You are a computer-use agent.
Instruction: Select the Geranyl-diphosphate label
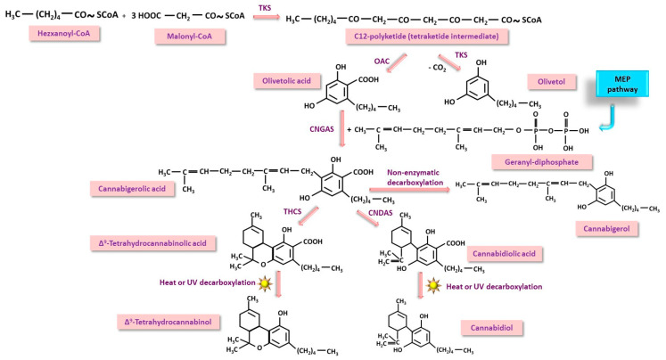(537, 162)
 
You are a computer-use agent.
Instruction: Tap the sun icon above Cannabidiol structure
(435, 287)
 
